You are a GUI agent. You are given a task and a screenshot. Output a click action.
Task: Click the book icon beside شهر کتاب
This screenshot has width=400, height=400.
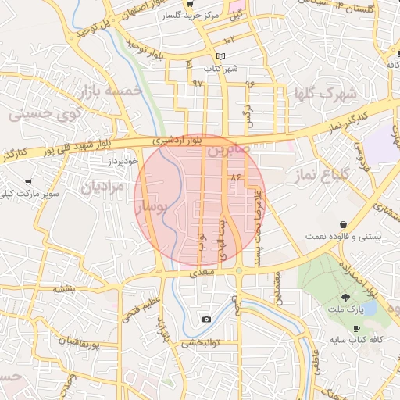[220, 56]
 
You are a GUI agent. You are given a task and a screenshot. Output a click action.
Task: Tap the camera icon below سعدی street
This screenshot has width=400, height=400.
[206, 319]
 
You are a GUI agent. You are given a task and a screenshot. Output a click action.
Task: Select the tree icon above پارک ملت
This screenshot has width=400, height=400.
[345, 298]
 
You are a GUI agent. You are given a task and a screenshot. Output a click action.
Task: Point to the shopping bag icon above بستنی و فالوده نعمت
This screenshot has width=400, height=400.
[343, 225]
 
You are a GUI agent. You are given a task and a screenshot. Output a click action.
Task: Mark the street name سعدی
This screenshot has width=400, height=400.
[202, 273]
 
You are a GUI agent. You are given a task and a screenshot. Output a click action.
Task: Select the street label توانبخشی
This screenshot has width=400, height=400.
[202, 342]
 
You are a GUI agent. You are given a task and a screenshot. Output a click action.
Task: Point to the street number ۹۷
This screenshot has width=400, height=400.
[197, 83]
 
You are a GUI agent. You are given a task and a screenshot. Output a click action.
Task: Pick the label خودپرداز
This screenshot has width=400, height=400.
[122, 160]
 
